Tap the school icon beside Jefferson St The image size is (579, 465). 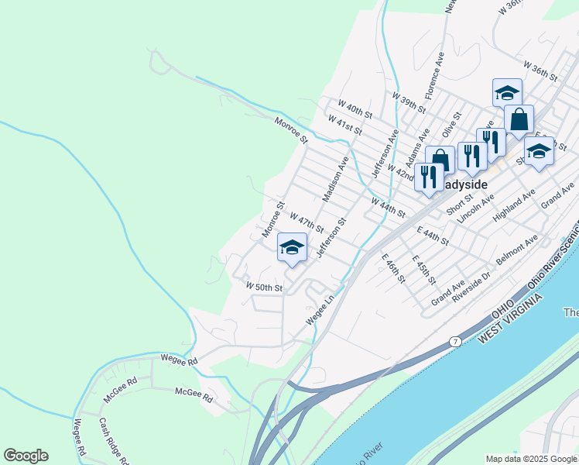(292, 248)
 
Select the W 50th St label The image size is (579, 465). (265, 287)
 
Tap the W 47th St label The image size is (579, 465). (307, 220)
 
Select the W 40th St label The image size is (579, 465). (355, 108)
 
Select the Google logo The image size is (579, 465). (26, 456)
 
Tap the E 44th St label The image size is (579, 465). (433, 236)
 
